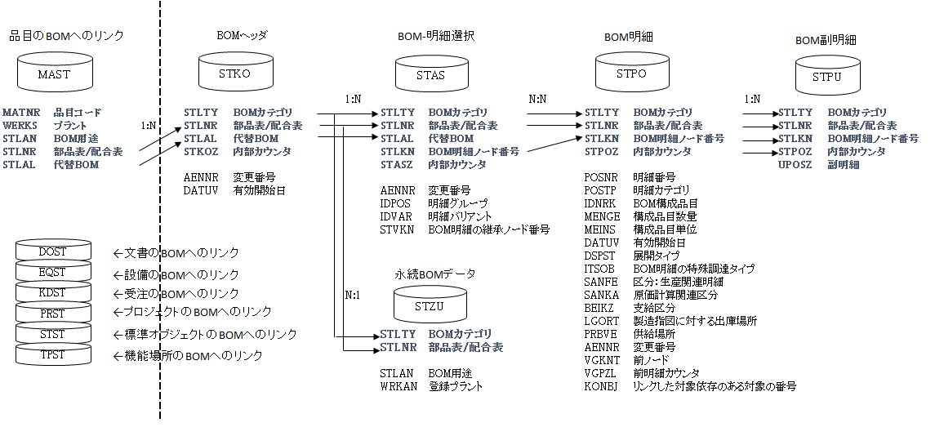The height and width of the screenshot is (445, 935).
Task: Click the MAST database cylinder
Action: pos(55,73)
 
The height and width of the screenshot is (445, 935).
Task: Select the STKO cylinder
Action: pos(235,73)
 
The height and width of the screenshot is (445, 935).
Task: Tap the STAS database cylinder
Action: pos(430,74)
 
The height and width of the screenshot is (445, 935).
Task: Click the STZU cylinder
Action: pos(430,305)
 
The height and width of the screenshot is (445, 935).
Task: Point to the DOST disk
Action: pos(52,253)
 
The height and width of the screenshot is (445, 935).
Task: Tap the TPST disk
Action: pos(52,354)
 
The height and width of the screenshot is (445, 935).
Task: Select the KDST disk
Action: pos(52,293)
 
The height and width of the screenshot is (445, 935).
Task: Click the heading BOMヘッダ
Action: pos(242,36)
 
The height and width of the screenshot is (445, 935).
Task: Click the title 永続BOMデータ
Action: pos(435,274)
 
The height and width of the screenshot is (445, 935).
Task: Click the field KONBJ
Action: pos(602,385)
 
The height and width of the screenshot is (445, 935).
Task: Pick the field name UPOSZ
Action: pos(795,164)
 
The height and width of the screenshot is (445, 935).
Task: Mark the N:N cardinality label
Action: pos(538,100)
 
